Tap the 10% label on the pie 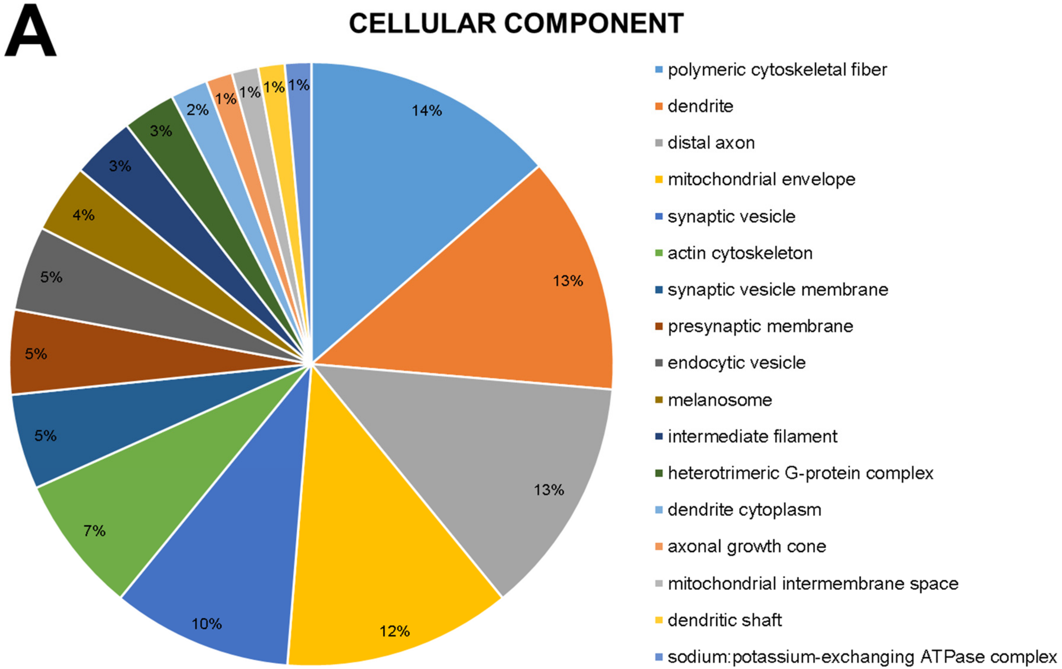[206, 623]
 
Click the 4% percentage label [83, 215]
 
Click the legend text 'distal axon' [711, 143]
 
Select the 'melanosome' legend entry [720, 400]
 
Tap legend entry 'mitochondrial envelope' [761, 179]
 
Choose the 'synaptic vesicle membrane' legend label [777, 290]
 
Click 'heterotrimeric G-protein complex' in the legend [800, 473]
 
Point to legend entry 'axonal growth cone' [747, 546]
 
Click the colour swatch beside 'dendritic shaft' [659, 620]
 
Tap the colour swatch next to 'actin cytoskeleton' [659, 253]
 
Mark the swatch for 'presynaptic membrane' [659, 327]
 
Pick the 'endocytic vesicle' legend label [736, 363]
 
